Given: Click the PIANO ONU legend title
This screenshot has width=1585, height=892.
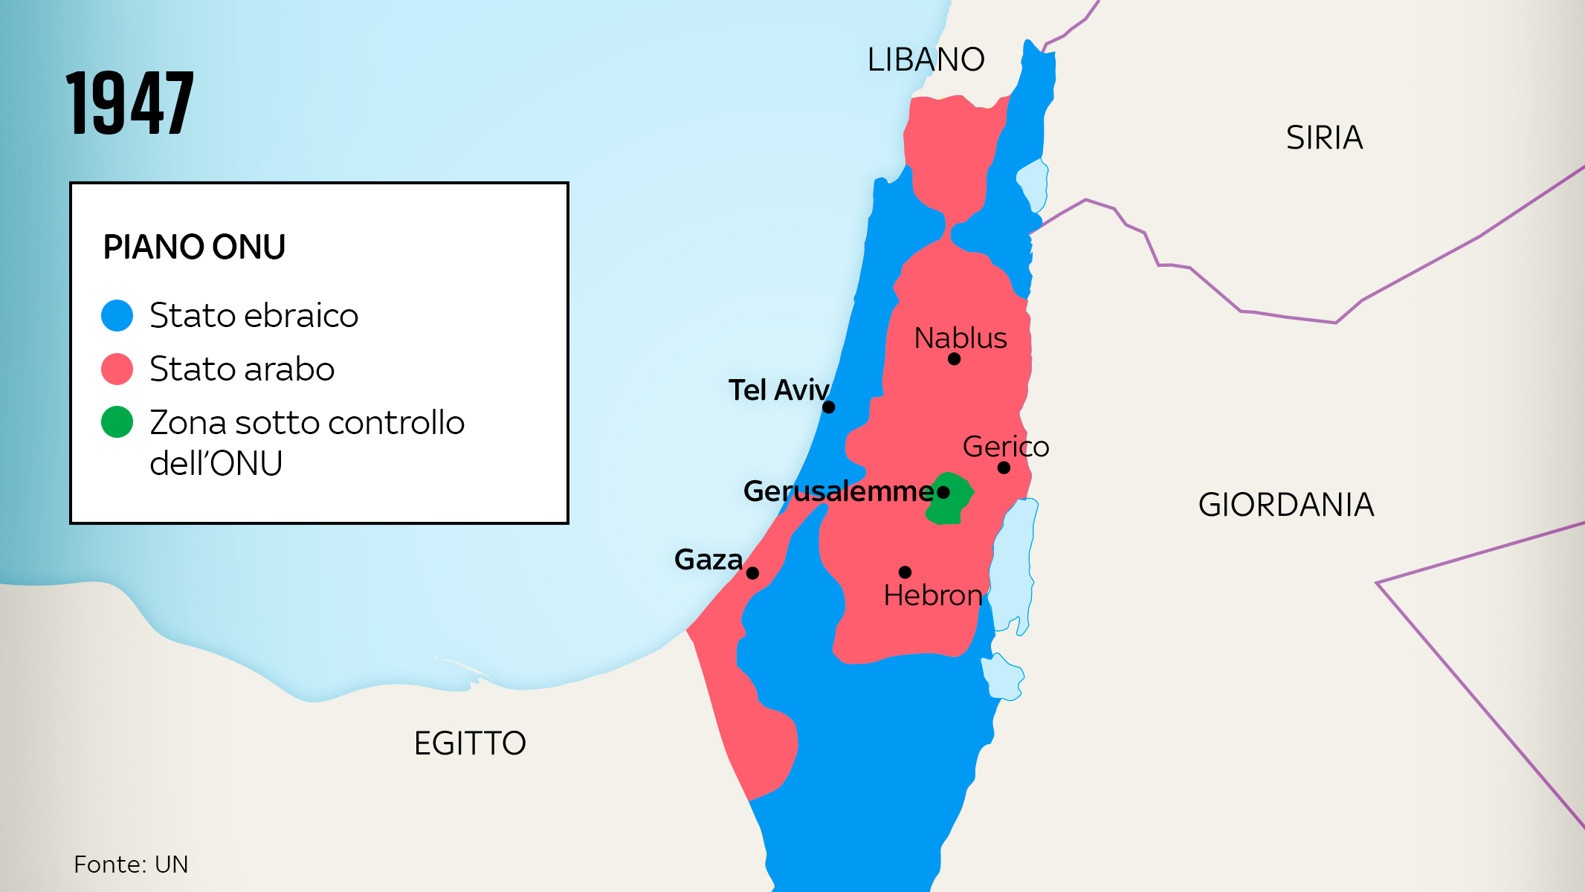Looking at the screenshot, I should click(x=194, y=247).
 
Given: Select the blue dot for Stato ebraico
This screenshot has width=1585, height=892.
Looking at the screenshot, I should click(x=117, y=315).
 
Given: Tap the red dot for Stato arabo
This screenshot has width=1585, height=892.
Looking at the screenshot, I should click(x=117, y=369).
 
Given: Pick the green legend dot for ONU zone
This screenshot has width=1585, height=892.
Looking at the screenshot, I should click(x=117, y=422).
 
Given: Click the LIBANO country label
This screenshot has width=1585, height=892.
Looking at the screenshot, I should click(x=926, y=59).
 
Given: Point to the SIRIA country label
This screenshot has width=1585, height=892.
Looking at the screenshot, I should click(x=1324, y=138).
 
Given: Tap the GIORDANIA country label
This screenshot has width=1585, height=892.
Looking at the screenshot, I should click(x=1285, y=505).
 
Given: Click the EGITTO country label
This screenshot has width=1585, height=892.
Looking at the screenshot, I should click(x=470, y=743).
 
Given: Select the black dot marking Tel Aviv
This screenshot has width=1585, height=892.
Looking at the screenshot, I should click(x=829, y=407).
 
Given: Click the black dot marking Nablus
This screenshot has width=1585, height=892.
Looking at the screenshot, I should click(x=955, y=359).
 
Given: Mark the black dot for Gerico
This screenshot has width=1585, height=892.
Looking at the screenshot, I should click(x=1004, y=468).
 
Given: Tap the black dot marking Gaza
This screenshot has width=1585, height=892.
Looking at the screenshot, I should click(x=752, y=573).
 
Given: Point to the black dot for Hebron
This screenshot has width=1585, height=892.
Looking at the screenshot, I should click(x=905, y=572).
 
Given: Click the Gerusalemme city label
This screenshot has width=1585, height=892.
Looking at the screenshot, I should click(x=838, y=491).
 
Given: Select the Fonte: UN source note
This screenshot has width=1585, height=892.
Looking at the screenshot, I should click(x=131, y=864).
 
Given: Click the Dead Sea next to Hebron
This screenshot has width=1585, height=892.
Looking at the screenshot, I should click(x=1013, y=565).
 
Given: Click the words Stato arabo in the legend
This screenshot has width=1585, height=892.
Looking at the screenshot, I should click(x=242, y=369).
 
